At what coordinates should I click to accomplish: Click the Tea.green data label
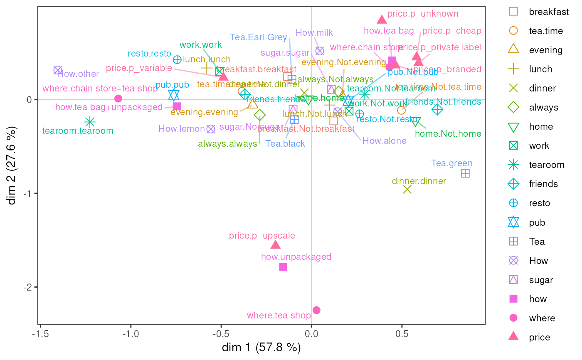pyautogui.click(x=452, y=163)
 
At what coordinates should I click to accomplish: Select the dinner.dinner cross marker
pyautogui.click(x=407, y=189)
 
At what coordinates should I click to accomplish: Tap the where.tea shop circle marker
pyautogui.click(x=316, y=310)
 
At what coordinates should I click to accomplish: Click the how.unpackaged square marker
pyautogui.click(x=283, y=267)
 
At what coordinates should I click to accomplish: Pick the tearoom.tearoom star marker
pyautogui.click(x=90, y=122)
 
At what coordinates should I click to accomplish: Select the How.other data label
pyautogui.click(x=78, y=74)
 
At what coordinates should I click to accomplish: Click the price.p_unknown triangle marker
pyautogui.click(x=382, y=20)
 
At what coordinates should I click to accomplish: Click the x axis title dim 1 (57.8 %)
pyautogui.click(x=261, y=348)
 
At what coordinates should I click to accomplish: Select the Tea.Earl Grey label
pyautogui.click(x=259, y=37)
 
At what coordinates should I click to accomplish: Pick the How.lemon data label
pyautogui.click(x=182, y=129)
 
